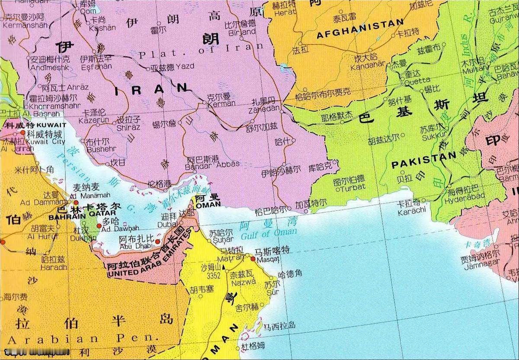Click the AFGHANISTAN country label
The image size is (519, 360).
click(360, 29)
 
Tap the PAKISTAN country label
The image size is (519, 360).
click(424, 160)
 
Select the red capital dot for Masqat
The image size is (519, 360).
click(253, 258)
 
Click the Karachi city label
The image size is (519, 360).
click(411, 209)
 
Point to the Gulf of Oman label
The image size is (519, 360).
click(269, 234)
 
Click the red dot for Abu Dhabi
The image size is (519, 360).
click(158, 241)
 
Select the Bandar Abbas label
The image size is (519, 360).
click(212, 164)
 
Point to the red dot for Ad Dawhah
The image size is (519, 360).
click(99, 226)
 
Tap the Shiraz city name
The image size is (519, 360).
click(128, 127)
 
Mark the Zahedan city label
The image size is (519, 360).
click(264, 109)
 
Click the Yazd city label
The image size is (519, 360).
click(184, 66)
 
